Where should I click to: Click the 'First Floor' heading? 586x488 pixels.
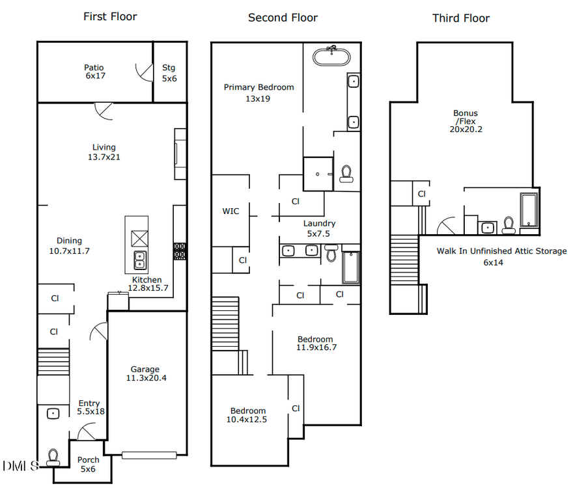[110, 16]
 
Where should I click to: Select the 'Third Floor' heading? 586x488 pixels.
[460, 18]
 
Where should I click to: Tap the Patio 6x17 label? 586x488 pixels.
[94, 72]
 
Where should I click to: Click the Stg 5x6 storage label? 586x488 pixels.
[169, 73]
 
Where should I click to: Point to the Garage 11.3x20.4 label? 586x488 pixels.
[145, 373]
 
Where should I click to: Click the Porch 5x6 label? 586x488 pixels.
[89, 465]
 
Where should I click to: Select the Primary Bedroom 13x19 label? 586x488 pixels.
[258, 93]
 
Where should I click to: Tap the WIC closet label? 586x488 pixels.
[230, 211]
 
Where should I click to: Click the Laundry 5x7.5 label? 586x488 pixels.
[319, 228]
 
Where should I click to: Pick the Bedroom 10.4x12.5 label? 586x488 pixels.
[248, 415]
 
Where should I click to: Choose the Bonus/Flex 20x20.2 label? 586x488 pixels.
[466, 121]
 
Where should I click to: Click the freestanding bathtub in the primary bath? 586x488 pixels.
[331, 57]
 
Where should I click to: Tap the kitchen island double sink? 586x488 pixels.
[139, 260]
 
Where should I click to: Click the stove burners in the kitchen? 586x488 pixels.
[179, 251]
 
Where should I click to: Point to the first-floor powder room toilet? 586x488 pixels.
[53, 455]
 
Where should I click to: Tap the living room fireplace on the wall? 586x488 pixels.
[180, 154]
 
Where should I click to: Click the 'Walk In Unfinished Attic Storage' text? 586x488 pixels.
[501, 251]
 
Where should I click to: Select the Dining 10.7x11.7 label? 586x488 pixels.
[69, 246]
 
